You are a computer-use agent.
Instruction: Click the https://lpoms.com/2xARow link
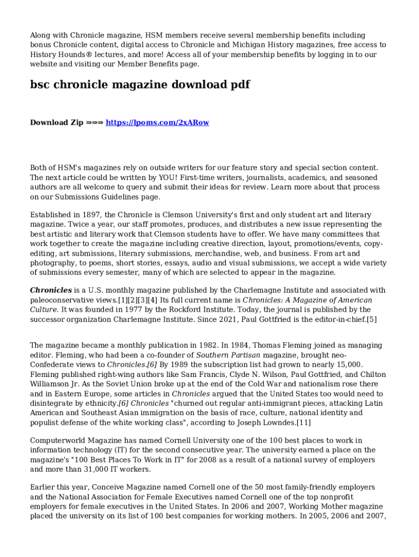[157, 122]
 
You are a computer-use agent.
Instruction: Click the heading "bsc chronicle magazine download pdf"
[140, 85]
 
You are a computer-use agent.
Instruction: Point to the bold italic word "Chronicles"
[51, 290]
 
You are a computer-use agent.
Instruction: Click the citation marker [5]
[371, 319]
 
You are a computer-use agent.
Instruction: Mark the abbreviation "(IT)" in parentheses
[121, 450]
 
